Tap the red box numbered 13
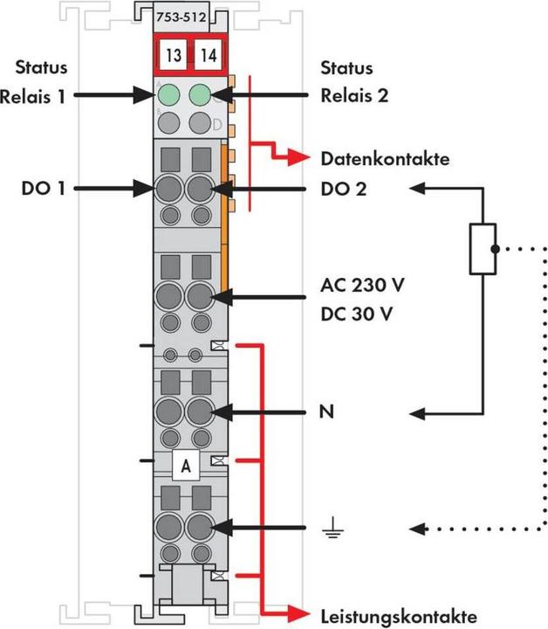(174, 56)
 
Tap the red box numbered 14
(209, 56)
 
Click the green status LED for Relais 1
(169, 94)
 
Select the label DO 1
(43, 187)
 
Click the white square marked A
(185, 467)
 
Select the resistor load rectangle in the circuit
(483, 248)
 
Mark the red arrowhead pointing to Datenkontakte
(300, 159)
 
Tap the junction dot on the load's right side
(494, 249)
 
